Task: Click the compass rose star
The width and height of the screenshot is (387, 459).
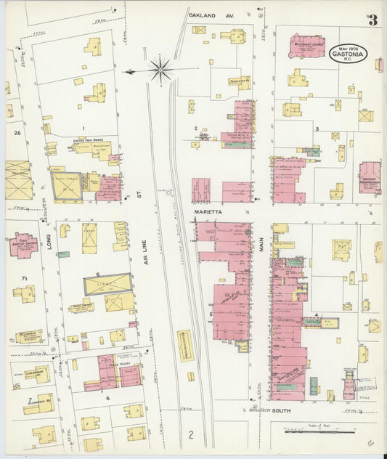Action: click(x=160, y=70)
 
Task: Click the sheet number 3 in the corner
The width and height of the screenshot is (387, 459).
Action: click(x=372, y=20)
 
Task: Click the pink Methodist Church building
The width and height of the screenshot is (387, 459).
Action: click(x=308, y=44)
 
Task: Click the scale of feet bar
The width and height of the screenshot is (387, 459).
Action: click(x=314, y=432)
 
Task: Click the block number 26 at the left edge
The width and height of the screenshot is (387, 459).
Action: click(x=17, y=134)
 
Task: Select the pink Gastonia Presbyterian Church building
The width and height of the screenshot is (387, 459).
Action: click(x=370, y=178)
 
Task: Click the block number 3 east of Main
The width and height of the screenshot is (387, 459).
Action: click(x=317, y=129)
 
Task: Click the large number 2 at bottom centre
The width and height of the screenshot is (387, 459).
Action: click(x=190, y=436)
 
